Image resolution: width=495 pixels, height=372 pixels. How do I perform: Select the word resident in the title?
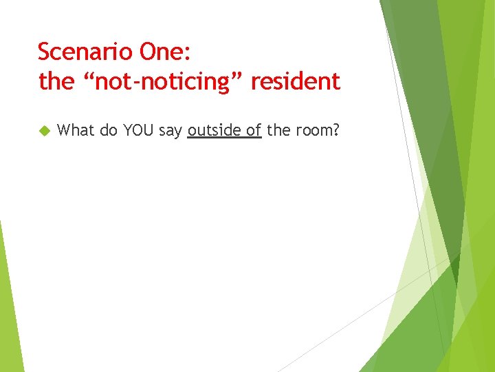(296, 82)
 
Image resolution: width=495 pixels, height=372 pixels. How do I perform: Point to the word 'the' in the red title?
(56, 82)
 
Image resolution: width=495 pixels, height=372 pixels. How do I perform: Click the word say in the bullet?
(171, 130)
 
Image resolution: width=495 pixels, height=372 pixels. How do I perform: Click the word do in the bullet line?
(109, 130)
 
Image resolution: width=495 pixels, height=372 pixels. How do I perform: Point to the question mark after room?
(336, 130)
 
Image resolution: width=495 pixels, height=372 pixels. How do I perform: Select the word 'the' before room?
(278, 130)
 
